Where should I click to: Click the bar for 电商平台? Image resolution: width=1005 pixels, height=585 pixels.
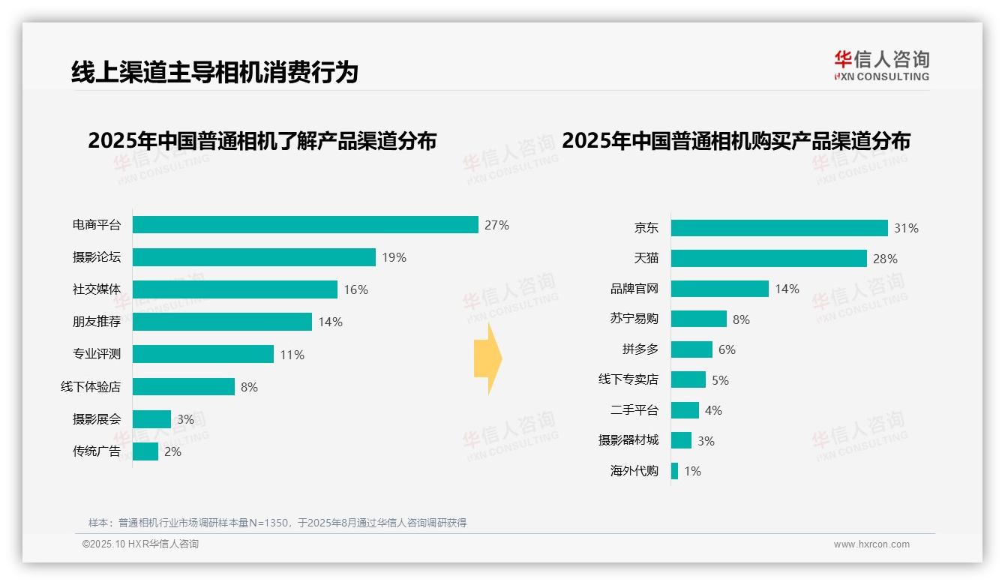tap(305, 225)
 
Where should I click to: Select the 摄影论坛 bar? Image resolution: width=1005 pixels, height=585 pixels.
tap(254, 257)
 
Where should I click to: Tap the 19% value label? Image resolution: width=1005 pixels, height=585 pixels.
tap(394, 257)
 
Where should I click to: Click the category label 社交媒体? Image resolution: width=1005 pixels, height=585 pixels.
tap(97, 289)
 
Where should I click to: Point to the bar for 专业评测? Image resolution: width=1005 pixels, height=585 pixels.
tap(203, 354)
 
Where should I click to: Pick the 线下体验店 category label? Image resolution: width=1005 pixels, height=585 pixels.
tap(91, 387)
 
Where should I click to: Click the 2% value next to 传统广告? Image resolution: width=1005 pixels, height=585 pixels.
tap(172, 451)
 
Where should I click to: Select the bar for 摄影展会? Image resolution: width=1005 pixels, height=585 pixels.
tap(152, 419)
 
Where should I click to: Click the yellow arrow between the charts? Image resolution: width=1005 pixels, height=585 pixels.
tap(487, 358)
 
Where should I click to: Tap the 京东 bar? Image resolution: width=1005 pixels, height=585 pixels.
tap(779, 228)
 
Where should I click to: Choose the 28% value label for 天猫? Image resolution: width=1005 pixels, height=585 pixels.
tap(885, 259)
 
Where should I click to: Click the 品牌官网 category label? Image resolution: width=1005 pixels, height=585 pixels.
tap(634, 289)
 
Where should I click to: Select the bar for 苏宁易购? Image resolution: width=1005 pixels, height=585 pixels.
tap(699, 319)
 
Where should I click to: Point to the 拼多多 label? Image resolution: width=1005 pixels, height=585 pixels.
tap(640, 349)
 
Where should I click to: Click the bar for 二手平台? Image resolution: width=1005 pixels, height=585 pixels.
tap(685, 410)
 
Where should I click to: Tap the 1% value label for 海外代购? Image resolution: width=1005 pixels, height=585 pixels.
tap(692, 472)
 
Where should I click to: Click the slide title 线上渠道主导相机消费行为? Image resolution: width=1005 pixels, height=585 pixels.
tap(214, 72)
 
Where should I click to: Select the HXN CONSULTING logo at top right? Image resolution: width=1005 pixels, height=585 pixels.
tap(881, 66)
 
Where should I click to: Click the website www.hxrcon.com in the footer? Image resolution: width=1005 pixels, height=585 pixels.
tap(871, 544)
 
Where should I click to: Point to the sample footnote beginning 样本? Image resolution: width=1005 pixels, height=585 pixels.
tap(277, 523)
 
